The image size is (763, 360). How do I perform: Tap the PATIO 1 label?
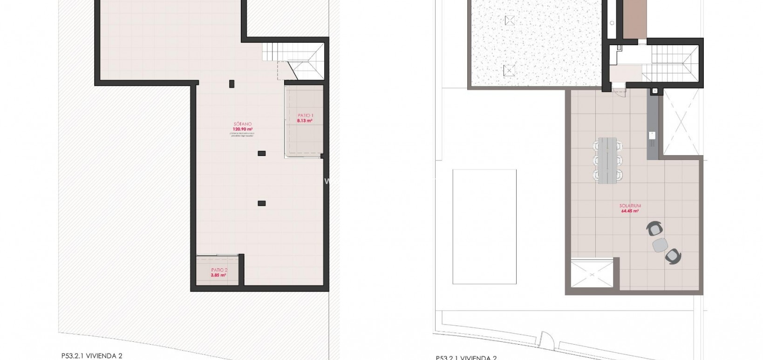point(306,115)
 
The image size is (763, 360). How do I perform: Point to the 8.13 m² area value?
point(305,121)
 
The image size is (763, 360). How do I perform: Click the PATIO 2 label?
point(219,270)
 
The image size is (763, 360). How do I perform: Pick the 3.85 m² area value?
point(218,275)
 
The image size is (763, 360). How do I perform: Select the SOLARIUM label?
point(630,205)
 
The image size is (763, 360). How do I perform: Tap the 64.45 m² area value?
point(630,211)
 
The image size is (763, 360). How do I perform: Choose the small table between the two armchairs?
point(660,245)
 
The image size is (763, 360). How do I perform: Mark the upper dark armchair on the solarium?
point(655,229)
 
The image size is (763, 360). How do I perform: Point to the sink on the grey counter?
point(652,136)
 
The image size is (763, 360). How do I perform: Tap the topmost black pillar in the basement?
point(232,84)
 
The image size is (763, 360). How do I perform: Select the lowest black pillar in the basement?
point(262,203)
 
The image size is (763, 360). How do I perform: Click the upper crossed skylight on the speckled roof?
point(510,20)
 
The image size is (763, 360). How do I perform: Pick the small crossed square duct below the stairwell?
point(655,91)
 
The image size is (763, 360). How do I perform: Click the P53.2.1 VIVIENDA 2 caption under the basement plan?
point(92,356)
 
